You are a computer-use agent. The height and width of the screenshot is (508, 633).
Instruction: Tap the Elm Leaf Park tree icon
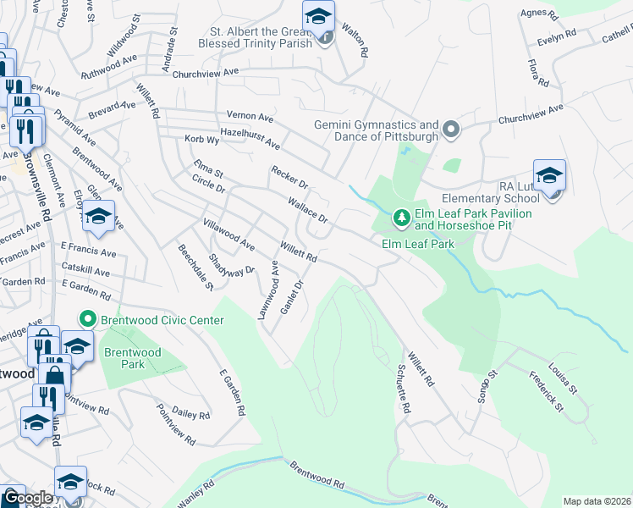coord(402,219)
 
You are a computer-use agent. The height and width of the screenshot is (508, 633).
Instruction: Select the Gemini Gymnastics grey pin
coord(450,130)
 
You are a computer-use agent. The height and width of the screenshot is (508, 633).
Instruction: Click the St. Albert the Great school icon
coord(319,17)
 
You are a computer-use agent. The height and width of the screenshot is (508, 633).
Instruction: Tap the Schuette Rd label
coord(402,389)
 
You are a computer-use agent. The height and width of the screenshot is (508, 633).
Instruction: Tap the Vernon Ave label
coord(250,115)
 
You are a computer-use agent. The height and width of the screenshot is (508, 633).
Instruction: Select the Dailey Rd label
coord(190,414)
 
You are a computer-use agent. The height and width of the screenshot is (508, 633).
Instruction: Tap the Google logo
coord(26,499)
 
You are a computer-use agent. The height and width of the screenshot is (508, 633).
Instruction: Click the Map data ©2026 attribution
coord(597,501)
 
